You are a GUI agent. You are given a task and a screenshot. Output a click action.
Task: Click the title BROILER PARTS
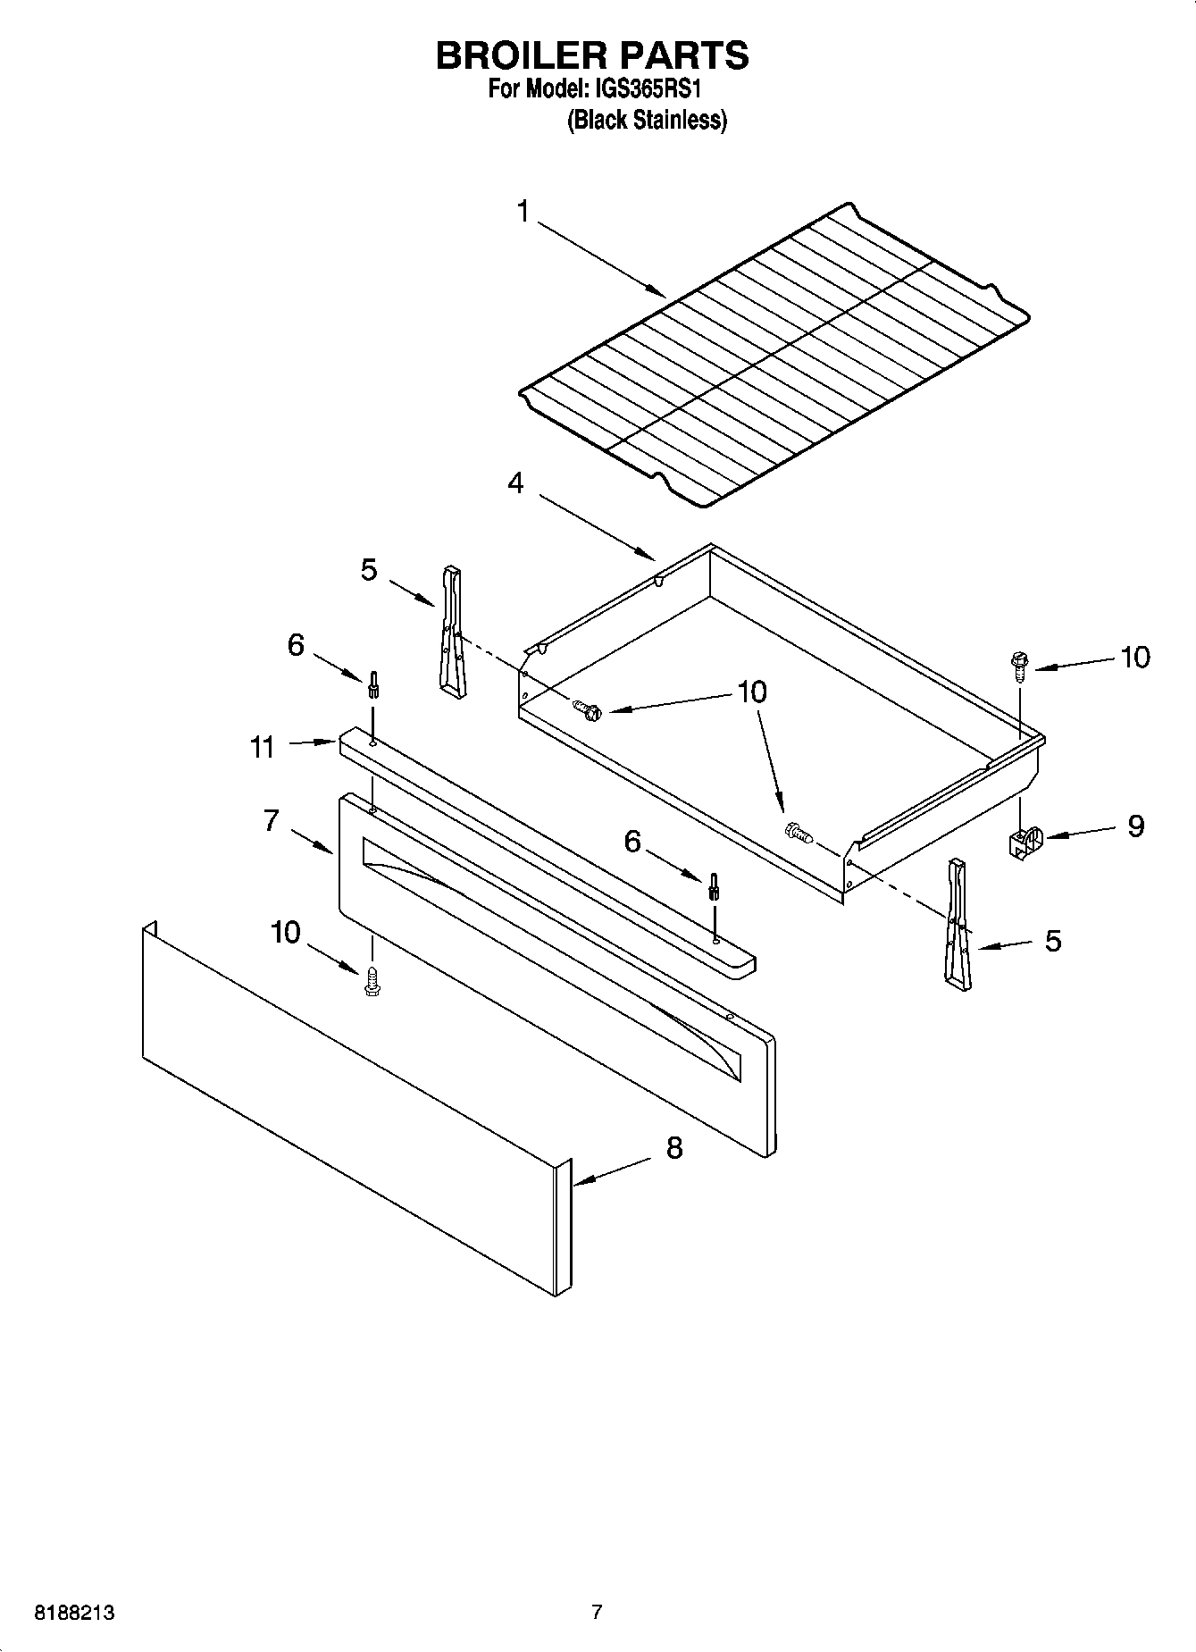click(x=591, y=55)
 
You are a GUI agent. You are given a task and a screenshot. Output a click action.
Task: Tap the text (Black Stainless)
click(x=648, y=120)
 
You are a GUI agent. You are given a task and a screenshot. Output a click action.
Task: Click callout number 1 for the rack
click(x=523, y=212)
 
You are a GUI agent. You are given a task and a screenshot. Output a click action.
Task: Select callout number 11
click(x=262, y=746)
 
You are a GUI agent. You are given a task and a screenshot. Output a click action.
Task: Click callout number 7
click(x=272, y=820)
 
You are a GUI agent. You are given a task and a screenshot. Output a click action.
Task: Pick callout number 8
click(x=673, y=1148)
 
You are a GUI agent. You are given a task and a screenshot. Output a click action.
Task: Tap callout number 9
click(x=1135, y=826)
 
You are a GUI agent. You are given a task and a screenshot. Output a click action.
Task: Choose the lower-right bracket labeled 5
click(x=957, y=925)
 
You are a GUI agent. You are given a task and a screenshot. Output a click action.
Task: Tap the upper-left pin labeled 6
click(x=373, y=686)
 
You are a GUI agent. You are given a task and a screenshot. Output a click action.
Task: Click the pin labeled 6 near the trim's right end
click(x=714, y=887)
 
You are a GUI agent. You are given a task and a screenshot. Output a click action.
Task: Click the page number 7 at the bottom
click(x=597, y=1613)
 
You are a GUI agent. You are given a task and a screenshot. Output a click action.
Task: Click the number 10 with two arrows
click(x=752, y=692)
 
